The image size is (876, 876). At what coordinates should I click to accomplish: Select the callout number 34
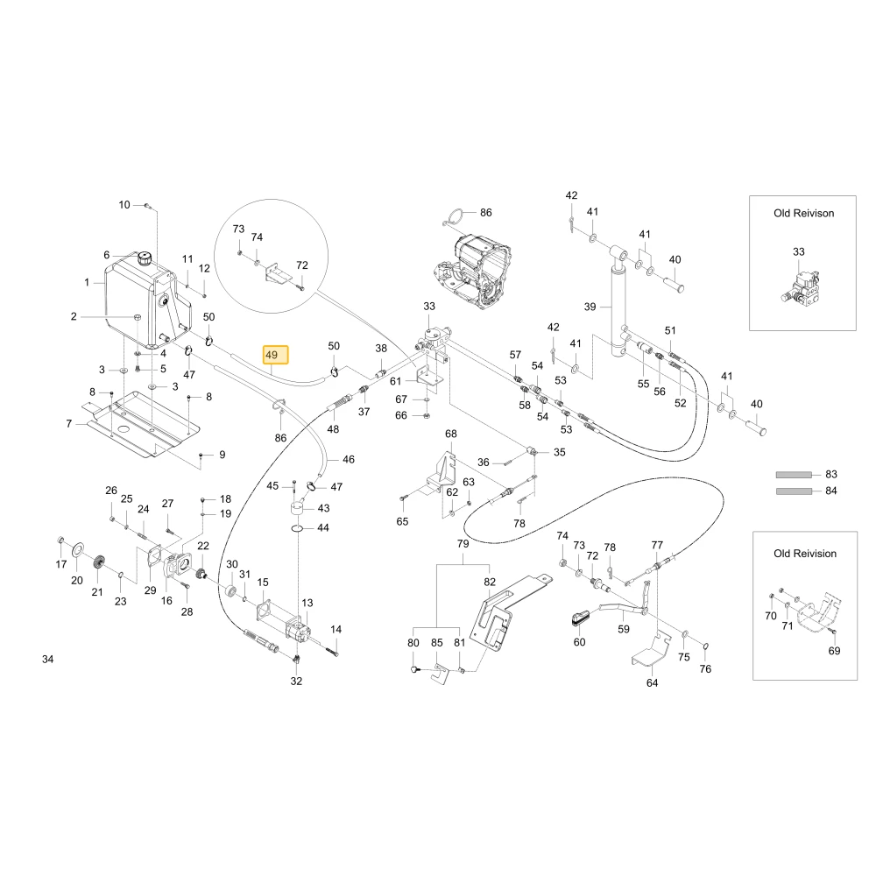pos(48,660)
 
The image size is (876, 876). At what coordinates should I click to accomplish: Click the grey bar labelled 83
pos(794,475)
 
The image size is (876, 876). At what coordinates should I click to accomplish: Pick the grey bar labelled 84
pos(794,491)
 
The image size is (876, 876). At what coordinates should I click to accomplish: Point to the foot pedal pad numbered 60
pos(580,618)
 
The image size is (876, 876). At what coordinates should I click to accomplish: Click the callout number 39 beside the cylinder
pos(590,307)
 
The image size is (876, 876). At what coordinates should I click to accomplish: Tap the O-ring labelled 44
pos(298,528)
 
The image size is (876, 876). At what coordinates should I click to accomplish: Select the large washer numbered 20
pos(78,551)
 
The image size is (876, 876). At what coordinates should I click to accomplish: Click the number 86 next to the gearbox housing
pos(486,213)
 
